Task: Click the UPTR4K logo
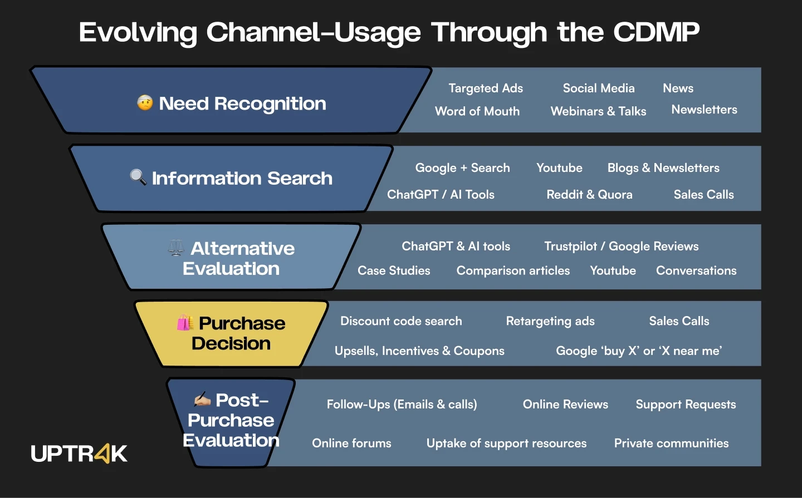[x=79, y=453]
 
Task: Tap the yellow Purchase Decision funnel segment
[x=231, y=334]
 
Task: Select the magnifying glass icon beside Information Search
[x=138, y=177]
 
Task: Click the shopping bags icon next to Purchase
[x=185, y=323]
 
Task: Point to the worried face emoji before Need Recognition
[x=145, y=103]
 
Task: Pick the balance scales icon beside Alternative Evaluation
[x=176, y=248]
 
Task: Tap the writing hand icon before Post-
[x=202, y=400]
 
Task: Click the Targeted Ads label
[x=486, y=88]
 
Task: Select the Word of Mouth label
[x=477, y=111]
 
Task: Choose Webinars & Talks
[x=598, y=111]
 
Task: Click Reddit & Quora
[x=589, y=195]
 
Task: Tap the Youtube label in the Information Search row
[x=559, y=168]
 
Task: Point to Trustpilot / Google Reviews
[x=621, y=246]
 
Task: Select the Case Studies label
[x=394, y=271]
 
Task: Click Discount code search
[x=401, y=321]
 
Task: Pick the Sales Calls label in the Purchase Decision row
[x=679, y=321]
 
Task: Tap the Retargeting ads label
[x=550, y=321]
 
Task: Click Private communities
[x=671, y=443]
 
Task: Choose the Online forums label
[x=351, y=443]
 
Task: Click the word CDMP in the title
[x=656, y=32]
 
